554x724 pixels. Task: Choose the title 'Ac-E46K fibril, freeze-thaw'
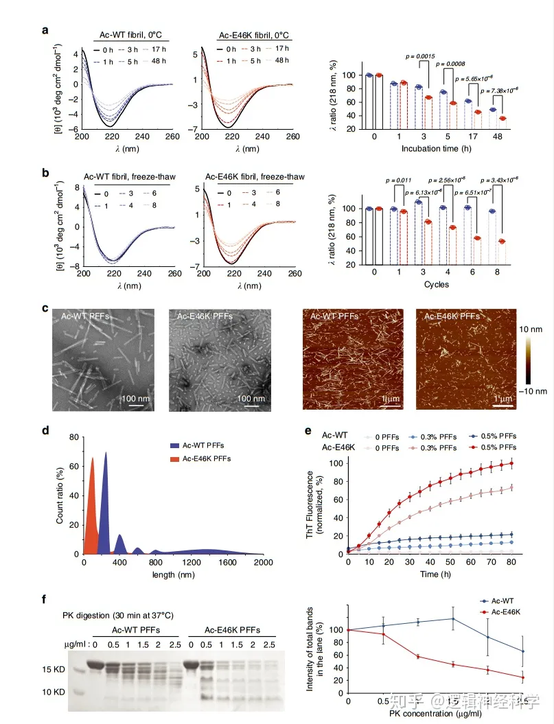(x=242, y=177)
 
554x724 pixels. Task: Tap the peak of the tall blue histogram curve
(x=106, y=453)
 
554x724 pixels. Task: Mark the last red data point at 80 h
(x=511, y=463)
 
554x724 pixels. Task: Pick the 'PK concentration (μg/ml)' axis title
(x=435, y=714)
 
